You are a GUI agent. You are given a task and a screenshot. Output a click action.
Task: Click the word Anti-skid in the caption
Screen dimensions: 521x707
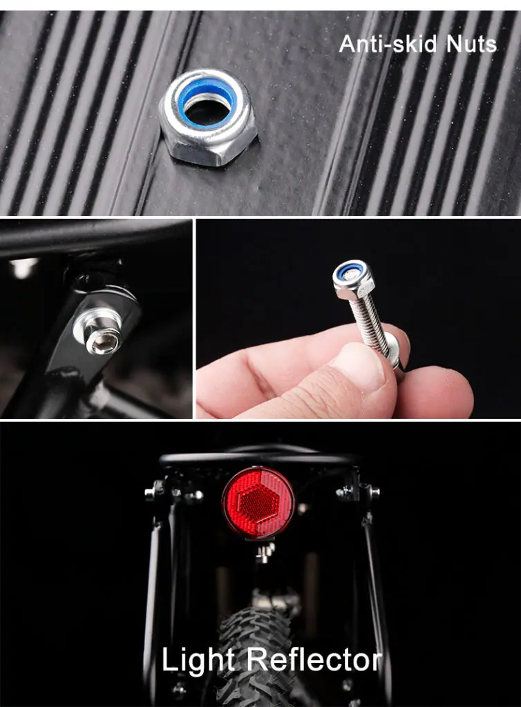click(388, 44)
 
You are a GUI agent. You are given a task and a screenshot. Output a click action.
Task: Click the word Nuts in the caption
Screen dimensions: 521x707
click(471, 44)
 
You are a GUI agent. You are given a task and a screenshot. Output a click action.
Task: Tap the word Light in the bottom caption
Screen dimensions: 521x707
click(198, 661)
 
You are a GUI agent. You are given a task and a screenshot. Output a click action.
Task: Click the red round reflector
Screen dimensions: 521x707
click(258, 503)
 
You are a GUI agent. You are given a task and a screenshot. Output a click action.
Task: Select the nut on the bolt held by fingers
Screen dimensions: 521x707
click(354, 276)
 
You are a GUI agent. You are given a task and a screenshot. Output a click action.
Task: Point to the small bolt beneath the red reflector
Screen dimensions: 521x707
click(265, 552)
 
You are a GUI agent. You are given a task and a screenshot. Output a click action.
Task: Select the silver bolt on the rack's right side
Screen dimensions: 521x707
click(374, 492)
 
